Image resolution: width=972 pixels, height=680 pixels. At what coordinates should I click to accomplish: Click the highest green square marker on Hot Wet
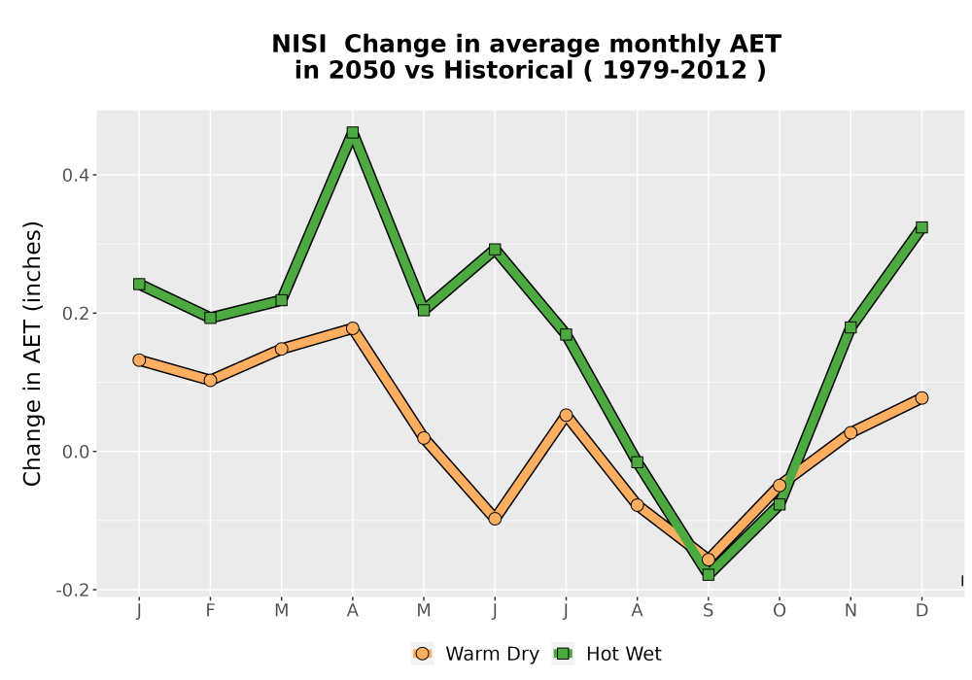click(353, 132)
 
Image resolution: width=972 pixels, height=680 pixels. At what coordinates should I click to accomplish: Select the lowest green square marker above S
click(709, 575)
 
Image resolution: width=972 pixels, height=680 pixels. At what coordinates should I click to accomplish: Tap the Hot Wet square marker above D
click(921, 227)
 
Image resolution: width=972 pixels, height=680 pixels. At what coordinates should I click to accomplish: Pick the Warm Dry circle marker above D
click(921, 397)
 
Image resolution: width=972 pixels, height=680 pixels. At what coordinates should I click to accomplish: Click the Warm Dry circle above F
click(210, 380)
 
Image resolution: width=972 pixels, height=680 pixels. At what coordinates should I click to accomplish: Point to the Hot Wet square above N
click(850, 327)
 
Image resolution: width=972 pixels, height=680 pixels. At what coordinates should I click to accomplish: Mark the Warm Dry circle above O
click(780, 486)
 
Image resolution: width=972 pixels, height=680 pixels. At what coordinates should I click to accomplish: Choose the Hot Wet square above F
click(210, 318)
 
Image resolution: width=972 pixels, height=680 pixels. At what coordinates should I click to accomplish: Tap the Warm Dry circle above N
click(850, 432)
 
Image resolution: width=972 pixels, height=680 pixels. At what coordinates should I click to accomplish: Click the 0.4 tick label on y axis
click(76, 175)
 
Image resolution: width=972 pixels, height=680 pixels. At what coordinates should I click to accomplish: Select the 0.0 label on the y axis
click(76, 452)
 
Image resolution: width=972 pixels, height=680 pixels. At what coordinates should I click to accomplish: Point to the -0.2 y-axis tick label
click(72, 591)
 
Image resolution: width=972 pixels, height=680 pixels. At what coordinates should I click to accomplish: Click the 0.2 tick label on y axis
click(76, 314)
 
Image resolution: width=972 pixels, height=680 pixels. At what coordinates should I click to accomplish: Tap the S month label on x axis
click(709, 611)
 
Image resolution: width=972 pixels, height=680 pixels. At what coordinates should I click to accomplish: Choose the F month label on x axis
click(210, 611)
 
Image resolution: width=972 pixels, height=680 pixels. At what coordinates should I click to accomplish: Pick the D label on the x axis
click(921, 611)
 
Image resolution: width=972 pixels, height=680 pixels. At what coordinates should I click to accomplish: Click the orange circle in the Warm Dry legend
click(422, 654)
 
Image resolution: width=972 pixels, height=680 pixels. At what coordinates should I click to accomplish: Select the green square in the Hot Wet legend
click(564, 654)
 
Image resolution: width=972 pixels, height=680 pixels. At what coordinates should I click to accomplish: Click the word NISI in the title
click(298, 45)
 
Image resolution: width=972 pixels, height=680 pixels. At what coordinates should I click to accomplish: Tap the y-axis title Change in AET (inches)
click(32, 354)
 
